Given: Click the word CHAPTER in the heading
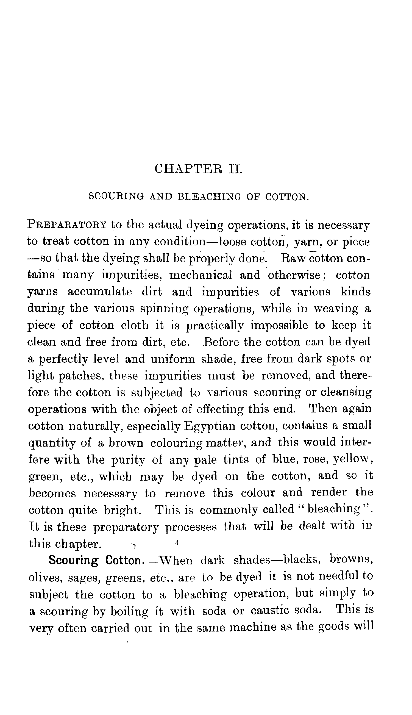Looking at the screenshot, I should click(x=187, y=169).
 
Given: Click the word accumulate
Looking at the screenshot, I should click(x=100, y=292).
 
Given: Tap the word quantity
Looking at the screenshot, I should click(x=52, y=443).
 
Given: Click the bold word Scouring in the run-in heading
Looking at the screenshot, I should click(x=74, y=560).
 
